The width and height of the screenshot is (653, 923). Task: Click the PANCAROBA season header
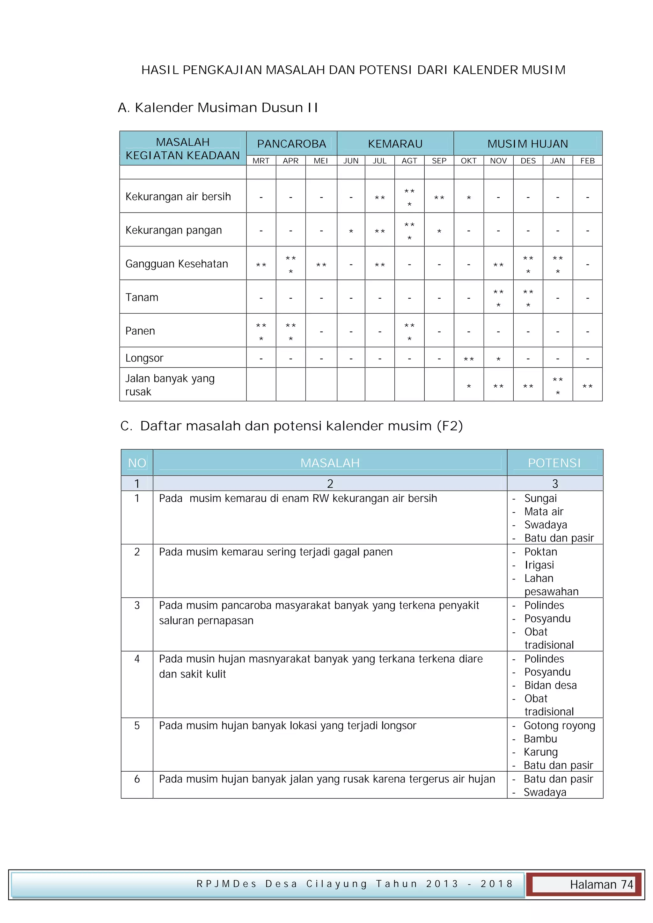[x=291, y=143]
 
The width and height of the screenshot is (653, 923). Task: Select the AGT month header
[x=409, y=161]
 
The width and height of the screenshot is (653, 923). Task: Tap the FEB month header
[x=587, y=161]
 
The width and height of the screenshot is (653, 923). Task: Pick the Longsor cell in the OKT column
[x=468, y=358]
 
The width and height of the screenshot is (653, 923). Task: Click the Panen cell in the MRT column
[x=261, y=331]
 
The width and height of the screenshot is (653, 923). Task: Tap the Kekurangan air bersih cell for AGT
[x=409, y=197]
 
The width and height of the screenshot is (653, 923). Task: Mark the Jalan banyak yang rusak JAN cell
[x=557, y=386]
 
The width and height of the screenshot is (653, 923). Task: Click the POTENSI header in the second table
[x=554, y=463]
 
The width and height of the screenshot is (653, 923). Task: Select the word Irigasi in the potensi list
[x=539, y=565]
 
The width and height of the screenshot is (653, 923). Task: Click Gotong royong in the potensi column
[x=559, y=726]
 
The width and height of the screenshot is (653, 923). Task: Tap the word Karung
[x=540, y=752]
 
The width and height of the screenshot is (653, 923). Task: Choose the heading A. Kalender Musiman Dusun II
[x=217, y=108]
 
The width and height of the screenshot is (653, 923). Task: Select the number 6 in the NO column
[x=137, y=779]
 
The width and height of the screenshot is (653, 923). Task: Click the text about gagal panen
[x=275, y=552]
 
